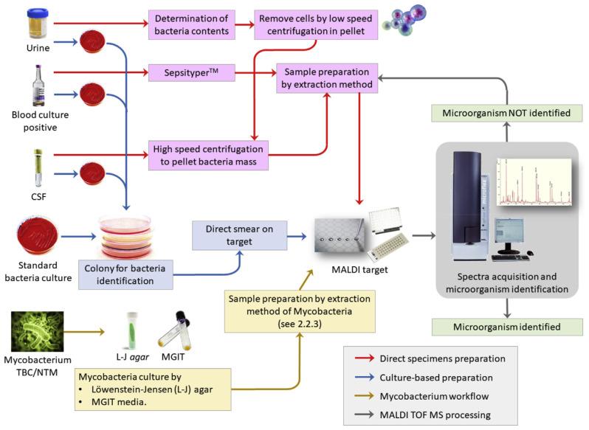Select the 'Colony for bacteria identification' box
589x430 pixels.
click(126, 274)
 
